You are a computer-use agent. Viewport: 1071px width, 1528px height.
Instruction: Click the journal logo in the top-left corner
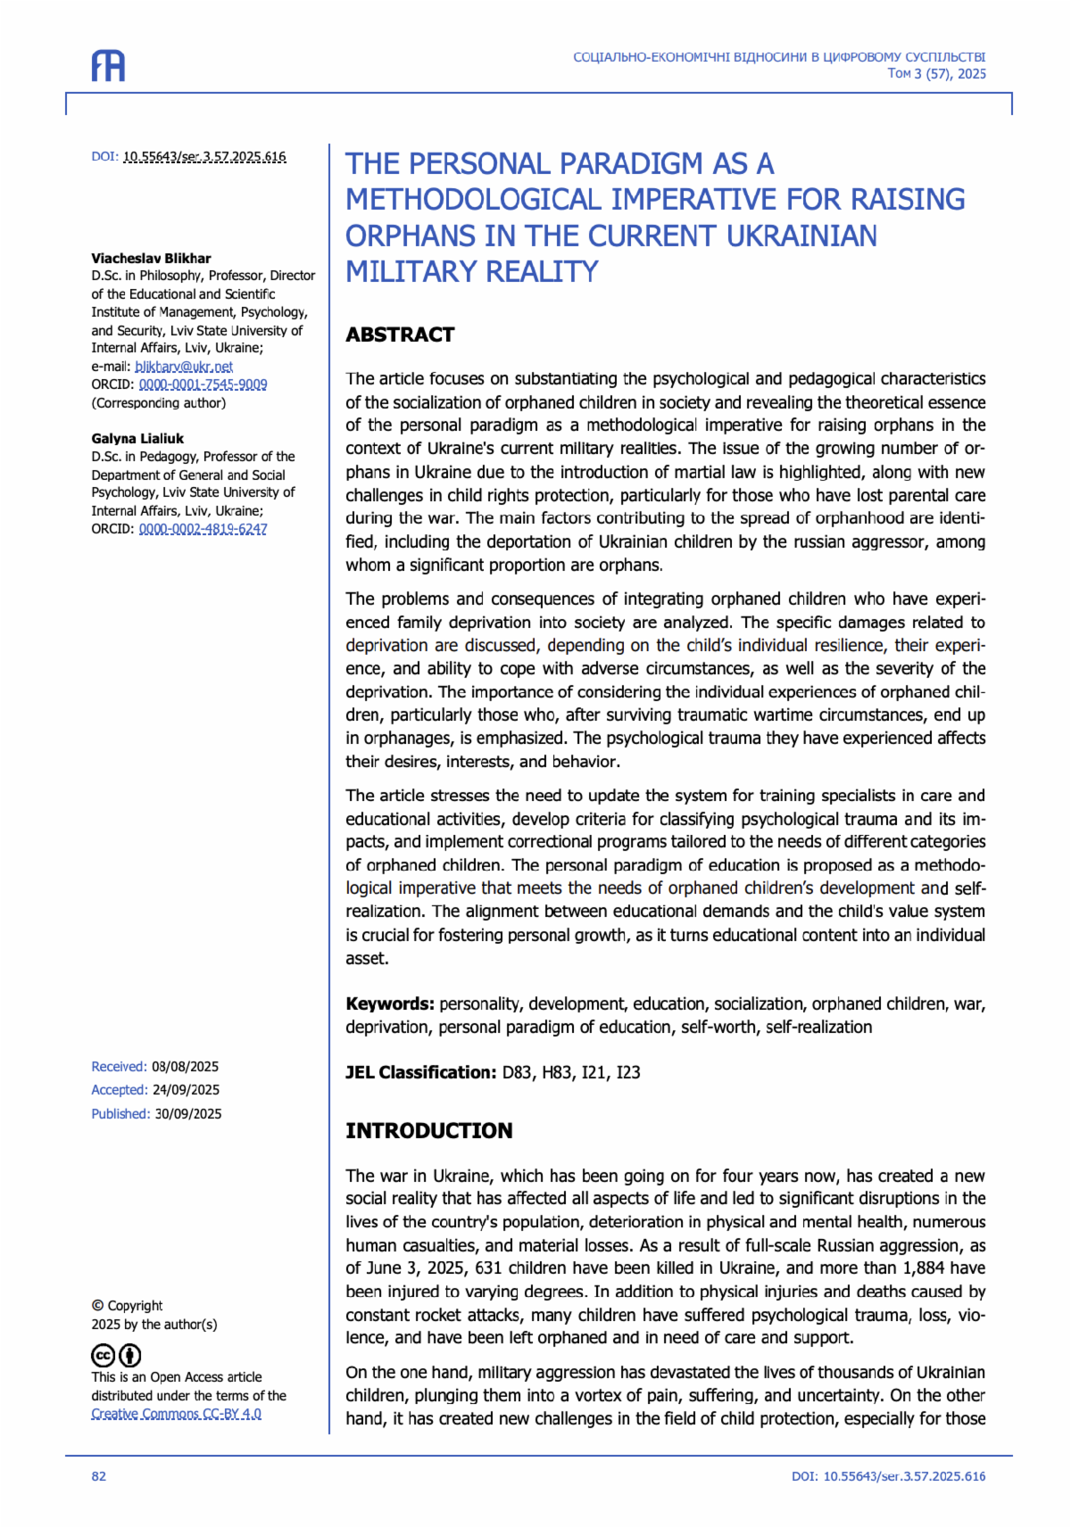pyautogui.click(x=108, y=66)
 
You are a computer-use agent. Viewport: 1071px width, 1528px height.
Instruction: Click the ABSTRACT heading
pyautogui.click(x=400, y=335)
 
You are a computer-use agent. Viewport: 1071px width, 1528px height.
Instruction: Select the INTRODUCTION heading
pyautogui.click(x=428, y=1130)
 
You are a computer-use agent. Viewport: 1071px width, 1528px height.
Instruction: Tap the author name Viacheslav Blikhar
pyautogui.click(x=151, y=258)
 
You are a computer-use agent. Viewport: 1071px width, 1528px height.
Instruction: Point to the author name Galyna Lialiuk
pyautogui.click(x=137, y=438)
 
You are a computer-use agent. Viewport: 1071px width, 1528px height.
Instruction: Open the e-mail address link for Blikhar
pyautogui.click(x=184, y=367)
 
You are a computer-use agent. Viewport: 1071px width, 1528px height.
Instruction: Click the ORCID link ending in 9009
pyautogui.click(x=203, y=384)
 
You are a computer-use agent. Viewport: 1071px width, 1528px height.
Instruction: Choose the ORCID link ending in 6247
pyautogui.click(x=203, y=529)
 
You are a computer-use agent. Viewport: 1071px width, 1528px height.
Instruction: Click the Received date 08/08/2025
pyautogui.click(x=185, y=1067)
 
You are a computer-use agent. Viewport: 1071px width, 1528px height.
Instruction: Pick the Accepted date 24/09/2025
pyautogui.click(x=186, y=1090)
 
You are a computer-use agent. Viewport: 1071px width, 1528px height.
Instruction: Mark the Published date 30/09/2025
pyautogui.click(x=188, y=1114)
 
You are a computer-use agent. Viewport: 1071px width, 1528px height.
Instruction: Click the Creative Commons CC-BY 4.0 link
pyautogui.click(x=176, y=1414)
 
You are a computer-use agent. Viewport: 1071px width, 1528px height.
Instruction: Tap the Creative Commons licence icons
pyautogui.click(x=117, y=1356)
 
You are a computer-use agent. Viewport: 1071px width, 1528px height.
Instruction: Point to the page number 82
pyautogui.click(x=98, y=1476)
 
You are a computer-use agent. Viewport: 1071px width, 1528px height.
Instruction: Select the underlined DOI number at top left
pyautogui.click(x=204, y=157)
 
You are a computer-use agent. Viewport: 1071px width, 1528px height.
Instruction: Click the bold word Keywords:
pyautogui.click(x=390, y=1004)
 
